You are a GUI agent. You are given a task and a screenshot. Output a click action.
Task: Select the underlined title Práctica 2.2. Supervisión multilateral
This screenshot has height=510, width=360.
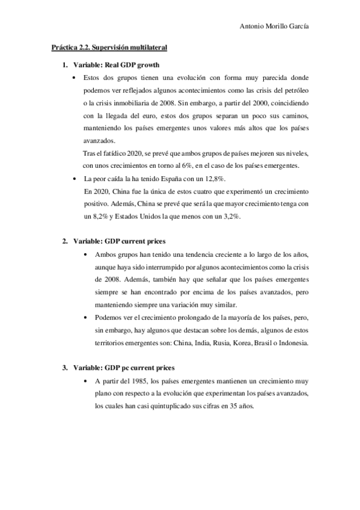[x=109, y=47]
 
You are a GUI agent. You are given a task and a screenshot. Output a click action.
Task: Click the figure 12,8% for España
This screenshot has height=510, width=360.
[x=216, y=179]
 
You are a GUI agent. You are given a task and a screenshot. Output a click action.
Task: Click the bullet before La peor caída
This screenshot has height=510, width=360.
[x=75, y=180]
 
